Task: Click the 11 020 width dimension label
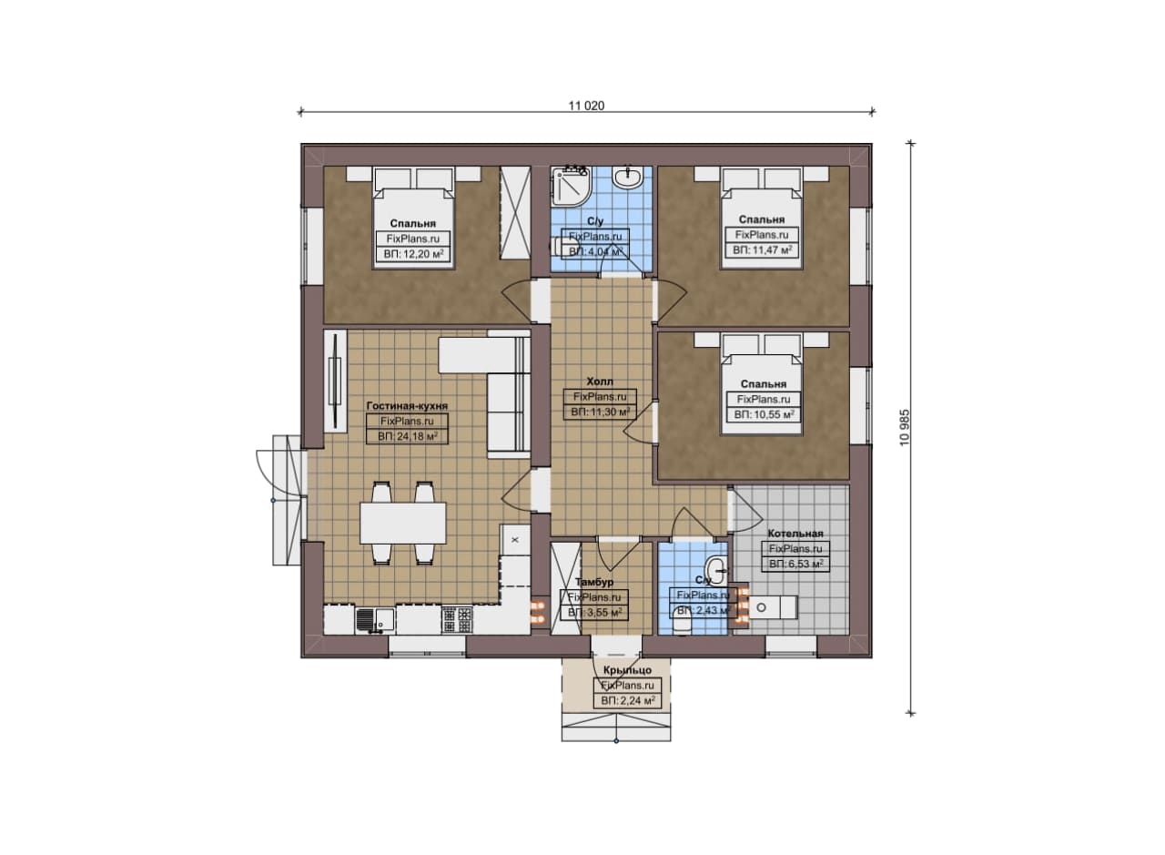tap(586, 106)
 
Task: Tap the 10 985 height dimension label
tap(905, 427)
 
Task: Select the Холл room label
tap(600, 382)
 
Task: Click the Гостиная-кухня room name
tap(407, 406)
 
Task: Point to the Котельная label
tap(795, 534)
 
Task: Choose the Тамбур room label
tap(594, 583)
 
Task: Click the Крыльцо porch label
tap(627, 670)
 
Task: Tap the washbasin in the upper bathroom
tap(628, 177)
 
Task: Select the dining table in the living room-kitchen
tap(403, 523)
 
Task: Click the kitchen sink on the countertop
tap(375, 621)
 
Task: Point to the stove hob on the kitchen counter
tap(457, 620)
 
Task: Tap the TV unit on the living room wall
tap(335, 381)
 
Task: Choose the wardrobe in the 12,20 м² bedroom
tap(515, 213)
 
